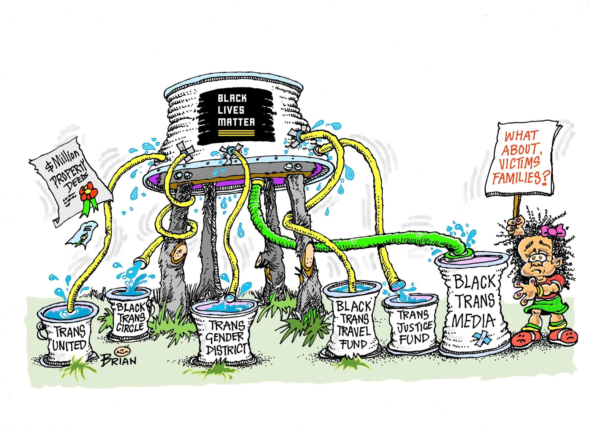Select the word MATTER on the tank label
(236, 122)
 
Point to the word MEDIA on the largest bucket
(474, 321)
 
